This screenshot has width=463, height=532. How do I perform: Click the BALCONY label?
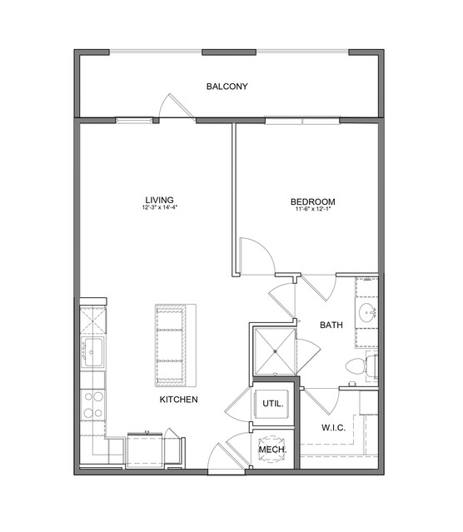click(227, 87)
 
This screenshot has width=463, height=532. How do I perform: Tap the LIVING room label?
click(160, 200)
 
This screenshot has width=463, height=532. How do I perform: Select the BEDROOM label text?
click(312, 201)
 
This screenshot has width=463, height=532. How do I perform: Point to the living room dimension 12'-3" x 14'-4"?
click(160, 207)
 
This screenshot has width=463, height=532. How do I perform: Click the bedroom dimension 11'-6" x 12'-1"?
click(312, 209)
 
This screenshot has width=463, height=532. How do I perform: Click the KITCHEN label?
click(178, 400)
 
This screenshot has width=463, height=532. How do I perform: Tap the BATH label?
click(331, 325)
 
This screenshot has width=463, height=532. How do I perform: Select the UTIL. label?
click(273, 404)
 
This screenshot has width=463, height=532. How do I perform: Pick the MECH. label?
click(272, 450)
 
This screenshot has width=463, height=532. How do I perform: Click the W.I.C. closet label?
click(334, 428)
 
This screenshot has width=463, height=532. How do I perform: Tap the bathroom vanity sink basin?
click(367, 311)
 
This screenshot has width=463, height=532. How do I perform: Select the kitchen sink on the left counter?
click(92, 352)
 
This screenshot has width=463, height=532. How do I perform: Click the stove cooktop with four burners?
click(93, 405)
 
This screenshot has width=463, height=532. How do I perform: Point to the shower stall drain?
click(276, 351)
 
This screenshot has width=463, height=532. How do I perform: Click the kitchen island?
click(176, 345)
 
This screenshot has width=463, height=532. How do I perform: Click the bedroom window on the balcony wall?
click(302, 121)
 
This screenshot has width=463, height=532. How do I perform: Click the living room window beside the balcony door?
click(134, 120)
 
